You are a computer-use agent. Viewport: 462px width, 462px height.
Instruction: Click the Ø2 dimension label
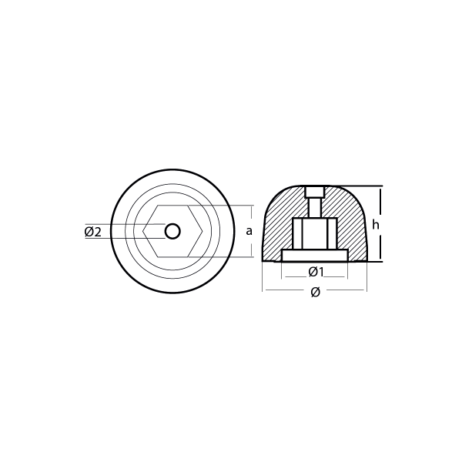coord(93,232)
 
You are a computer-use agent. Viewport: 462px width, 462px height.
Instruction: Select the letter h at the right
coord(375,224)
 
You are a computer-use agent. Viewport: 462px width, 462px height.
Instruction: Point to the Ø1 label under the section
coord(315,271)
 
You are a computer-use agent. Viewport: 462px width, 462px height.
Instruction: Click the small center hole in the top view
coord(172,231)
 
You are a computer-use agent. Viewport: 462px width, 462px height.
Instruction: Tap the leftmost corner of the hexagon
coord(145,231)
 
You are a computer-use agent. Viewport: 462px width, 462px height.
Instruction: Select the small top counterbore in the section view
coord(315,192)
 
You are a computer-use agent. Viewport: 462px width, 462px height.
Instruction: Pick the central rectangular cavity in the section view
coord(315,234)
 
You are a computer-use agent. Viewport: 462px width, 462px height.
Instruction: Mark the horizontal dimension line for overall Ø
coord(285,290)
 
